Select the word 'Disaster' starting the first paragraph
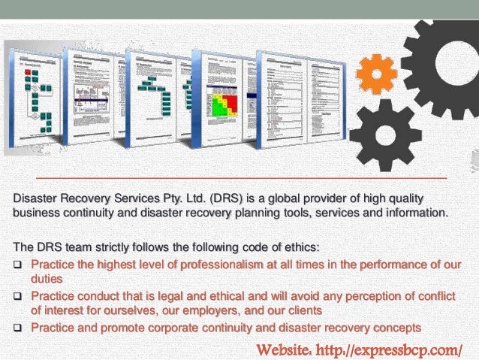[x=36, y=198]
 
